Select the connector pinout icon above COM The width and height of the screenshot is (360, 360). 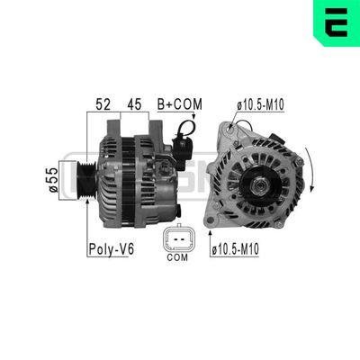177,239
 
